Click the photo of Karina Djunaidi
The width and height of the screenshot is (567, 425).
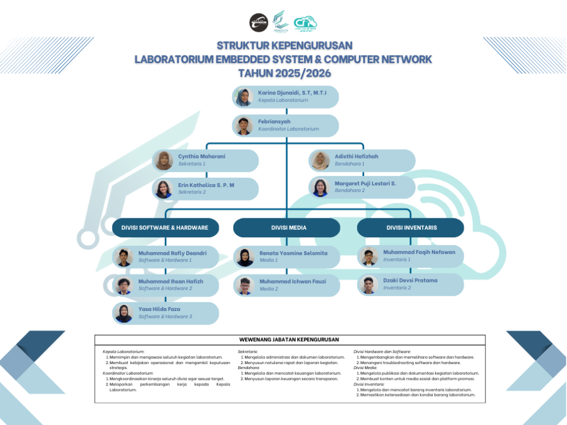pyautogui.click(x=243, y=97)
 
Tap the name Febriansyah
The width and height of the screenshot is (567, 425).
pyautogui.click(x=274, y=121)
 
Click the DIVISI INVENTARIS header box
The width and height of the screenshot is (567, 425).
pyautogui.click(x=411, y=228)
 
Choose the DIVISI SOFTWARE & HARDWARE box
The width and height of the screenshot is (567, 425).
pyautogui.click(x=165, y=228)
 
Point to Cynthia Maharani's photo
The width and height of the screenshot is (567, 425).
pyautogui.click(x=163, y=161)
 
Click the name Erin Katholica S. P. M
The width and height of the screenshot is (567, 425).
pyautogui.click(x=206, y=185)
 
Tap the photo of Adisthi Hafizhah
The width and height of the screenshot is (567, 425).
pyautogui.click(x=319, y=161)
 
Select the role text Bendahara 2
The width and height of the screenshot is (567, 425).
pyautogui.click(x=350, y=190)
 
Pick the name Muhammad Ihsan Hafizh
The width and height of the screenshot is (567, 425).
pyautogui.click(x=170, y=281)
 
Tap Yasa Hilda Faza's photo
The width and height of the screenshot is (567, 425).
pyautogui.click(x=124, y=313)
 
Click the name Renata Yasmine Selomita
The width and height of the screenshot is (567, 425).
pyautogui.click(x=293, y=253)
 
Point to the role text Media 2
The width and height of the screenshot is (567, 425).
pyautogui.click(x=268, y=289)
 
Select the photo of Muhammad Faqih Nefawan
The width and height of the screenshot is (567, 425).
pyautogui.click(x=369, y=256)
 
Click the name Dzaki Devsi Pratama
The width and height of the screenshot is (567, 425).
pyautogui.click(x=410, y=280)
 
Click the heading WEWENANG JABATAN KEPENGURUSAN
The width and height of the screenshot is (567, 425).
pyautogui.click(x=289, y=340)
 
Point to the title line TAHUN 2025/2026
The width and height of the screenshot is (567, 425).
pyautogui.click(x=284, y=73)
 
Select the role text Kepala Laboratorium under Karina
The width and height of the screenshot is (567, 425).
pyautogui.click(x=283, y=100)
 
